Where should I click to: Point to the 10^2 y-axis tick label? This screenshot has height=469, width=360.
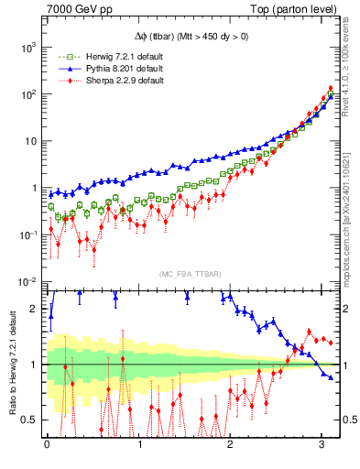click(x=30, y=93)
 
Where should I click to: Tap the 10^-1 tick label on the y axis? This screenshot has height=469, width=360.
click(x=29, y=235)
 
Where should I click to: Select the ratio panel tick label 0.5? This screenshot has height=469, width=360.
click(x=33, y=420)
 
